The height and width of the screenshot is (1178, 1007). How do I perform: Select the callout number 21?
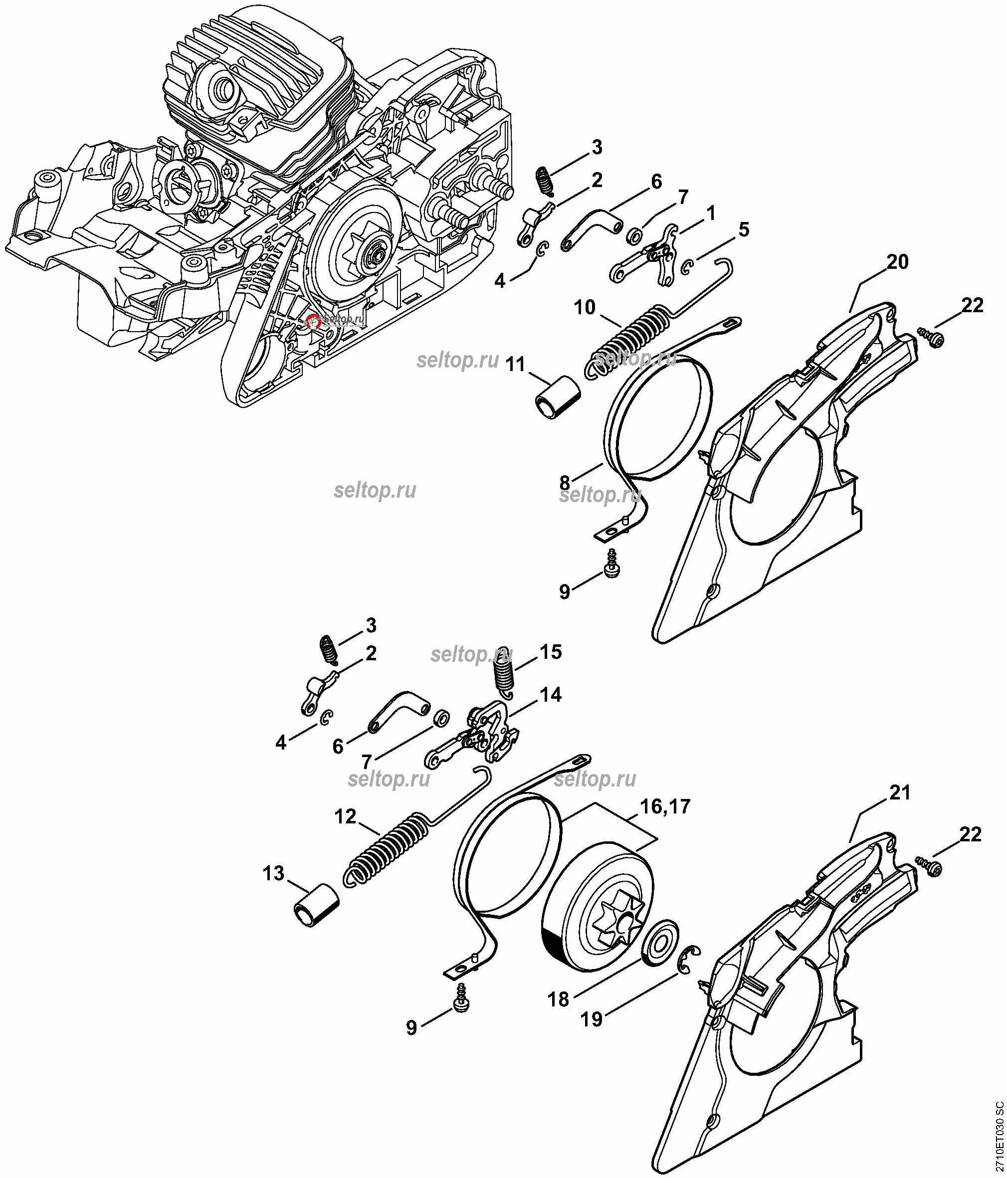tap(900, 792)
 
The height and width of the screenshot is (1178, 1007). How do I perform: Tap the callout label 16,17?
tap(665, 806)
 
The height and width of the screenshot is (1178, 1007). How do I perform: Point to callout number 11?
tap(515, 364)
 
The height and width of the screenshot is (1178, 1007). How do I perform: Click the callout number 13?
tap(273, 873)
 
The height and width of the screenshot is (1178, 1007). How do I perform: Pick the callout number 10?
tap(584, 308)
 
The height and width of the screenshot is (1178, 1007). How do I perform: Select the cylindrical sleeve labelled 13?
tap(316, 905)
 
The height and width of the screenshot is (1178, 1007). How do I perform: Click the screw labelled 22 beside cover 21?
tap(930, 866)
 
